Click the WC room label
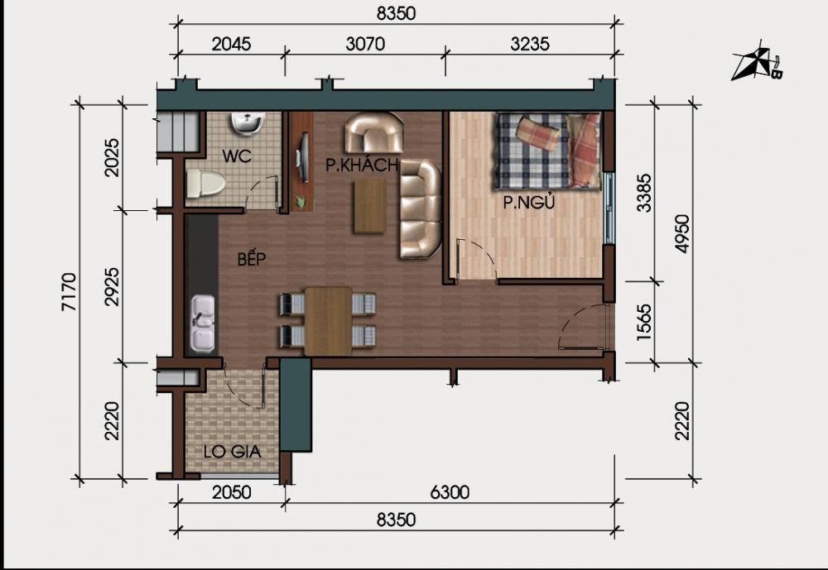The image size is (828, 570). pos(236,155)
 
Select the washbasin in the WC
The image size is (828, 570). pos(246,124)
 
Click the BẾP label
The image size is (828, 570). pos(250,259)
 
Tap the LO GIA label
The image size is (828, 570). pos(233,452)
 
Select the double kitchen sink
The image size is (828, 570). pos(203,323)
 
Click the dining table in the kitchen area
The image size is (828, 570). pos(328,320)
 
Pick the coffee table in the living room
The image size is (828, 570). pos(369,206)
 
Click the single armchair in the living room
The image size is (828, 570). pos(373,133)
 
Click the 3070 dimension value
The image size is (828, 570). pos(365,45)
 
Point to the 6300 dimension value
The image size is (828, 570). pos(449,493)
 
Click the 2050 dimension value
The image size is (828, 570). pos(231,493)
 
